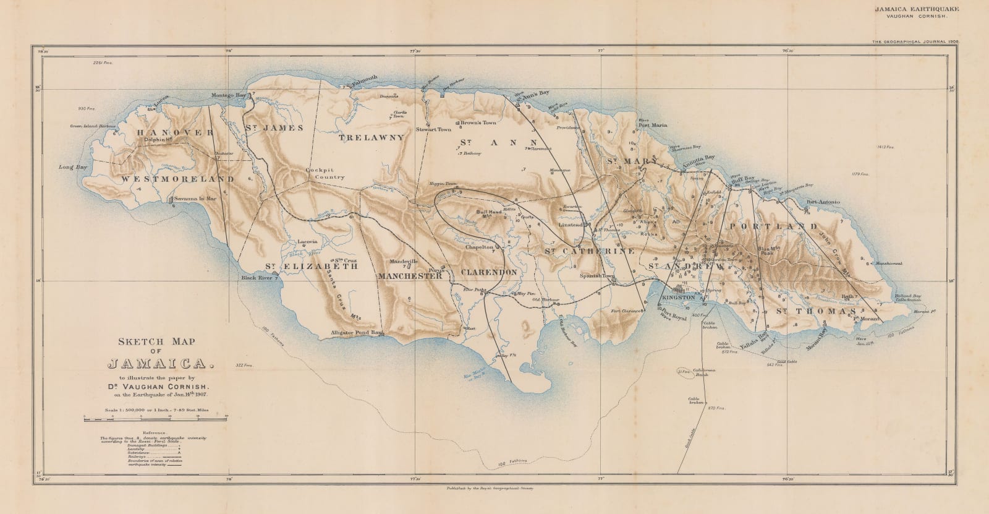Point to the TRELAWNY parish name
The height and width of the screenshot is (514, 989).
[371, 138]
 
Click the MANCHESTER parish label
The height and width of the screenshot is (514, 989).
[410, 276]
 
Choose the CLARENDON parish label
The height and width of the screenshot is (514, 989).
[488, 272]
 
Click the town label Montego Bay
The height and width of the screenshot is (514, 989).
[229, 95]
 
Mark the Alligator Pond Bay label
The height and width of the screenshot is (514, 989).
[358, 333]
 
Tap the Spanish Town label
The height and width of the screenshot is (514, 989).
[593, 275]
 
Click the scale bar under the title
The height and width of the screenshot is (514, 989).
[156, 420]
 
